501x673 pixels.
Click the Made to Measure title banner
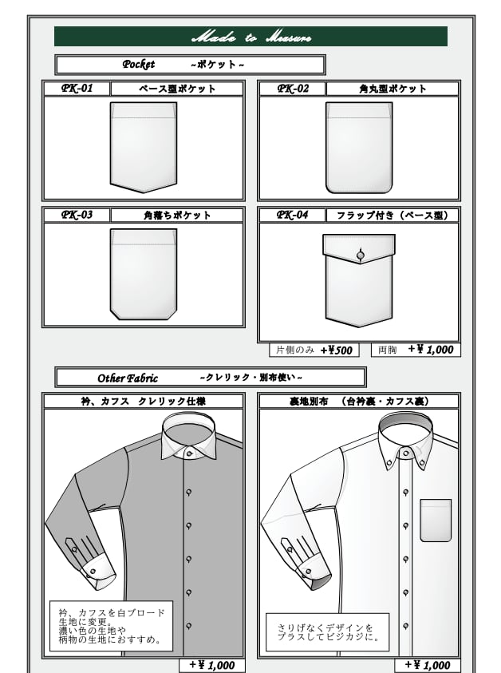[250, 37]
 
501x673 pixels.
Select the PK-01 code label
[77, 89]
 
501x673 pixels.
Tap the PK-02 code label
[293, 89]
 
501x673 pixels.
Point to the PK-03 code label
[77, 215]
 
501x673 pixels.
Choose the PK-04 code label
[293, 215]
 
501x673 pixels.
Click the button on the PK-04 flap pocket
[360, 255]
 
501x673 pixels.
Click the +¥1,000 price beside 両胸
[430, 350]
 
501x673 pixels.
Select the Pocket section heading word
[139, 65]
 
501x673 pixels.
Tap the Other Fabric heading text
[128, 378]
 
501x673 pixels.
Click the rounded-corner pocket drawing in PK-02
[359, 148]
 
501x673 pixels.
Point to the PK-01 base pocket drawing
[144, 148]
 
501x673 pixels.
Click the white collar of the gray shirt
[188, 440]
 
